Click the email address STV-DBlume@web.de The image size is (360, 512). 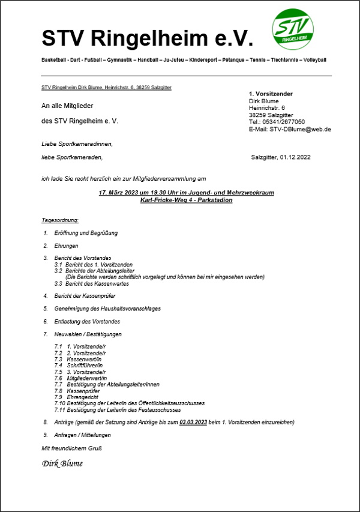tap(299, 129)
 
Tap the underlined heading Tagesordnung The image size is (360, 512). tap(61, 220)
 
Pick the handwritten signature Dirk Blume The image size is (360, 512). tap(62, 463)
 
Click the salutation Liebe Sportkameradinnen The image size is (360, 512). tap(77, 144)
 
